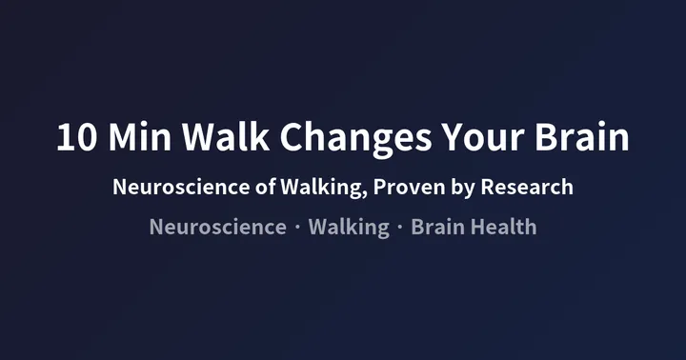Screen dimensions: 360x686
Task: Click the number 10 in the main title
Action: click(75, 138)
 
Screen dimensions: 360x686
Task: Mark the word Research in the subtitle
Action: click(527, 187)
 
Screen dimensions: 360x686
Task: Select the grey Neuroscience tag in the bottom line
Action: click(217, 227)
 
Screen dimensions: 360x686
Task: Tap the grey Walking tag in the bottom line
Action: click(350, 227)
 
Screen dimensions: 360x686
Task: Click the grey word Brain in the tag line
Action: click(437, 227)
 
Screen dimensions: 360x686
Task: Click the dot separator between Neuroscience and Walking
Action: click(298, 228)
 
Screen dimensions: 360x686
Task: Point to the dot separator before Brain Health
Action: click(400, 228)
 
